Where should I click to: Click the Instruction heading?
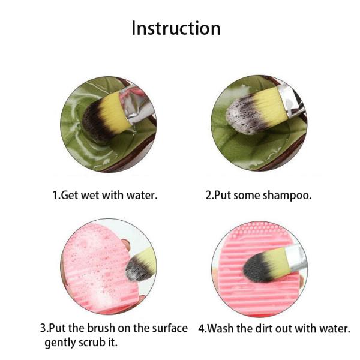click(176, 28)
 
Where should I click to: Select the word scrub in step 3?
click(92, 343)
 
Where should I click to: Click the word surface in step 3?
click(170, 328)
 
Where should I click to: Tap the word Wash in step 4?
click(221, 328)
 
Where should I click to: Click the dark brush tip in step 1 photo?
click(95, 122)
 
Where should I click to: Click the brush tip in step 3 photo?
click(136, 269)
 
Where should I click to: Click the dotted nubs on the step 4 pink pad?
click(259, 230)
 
